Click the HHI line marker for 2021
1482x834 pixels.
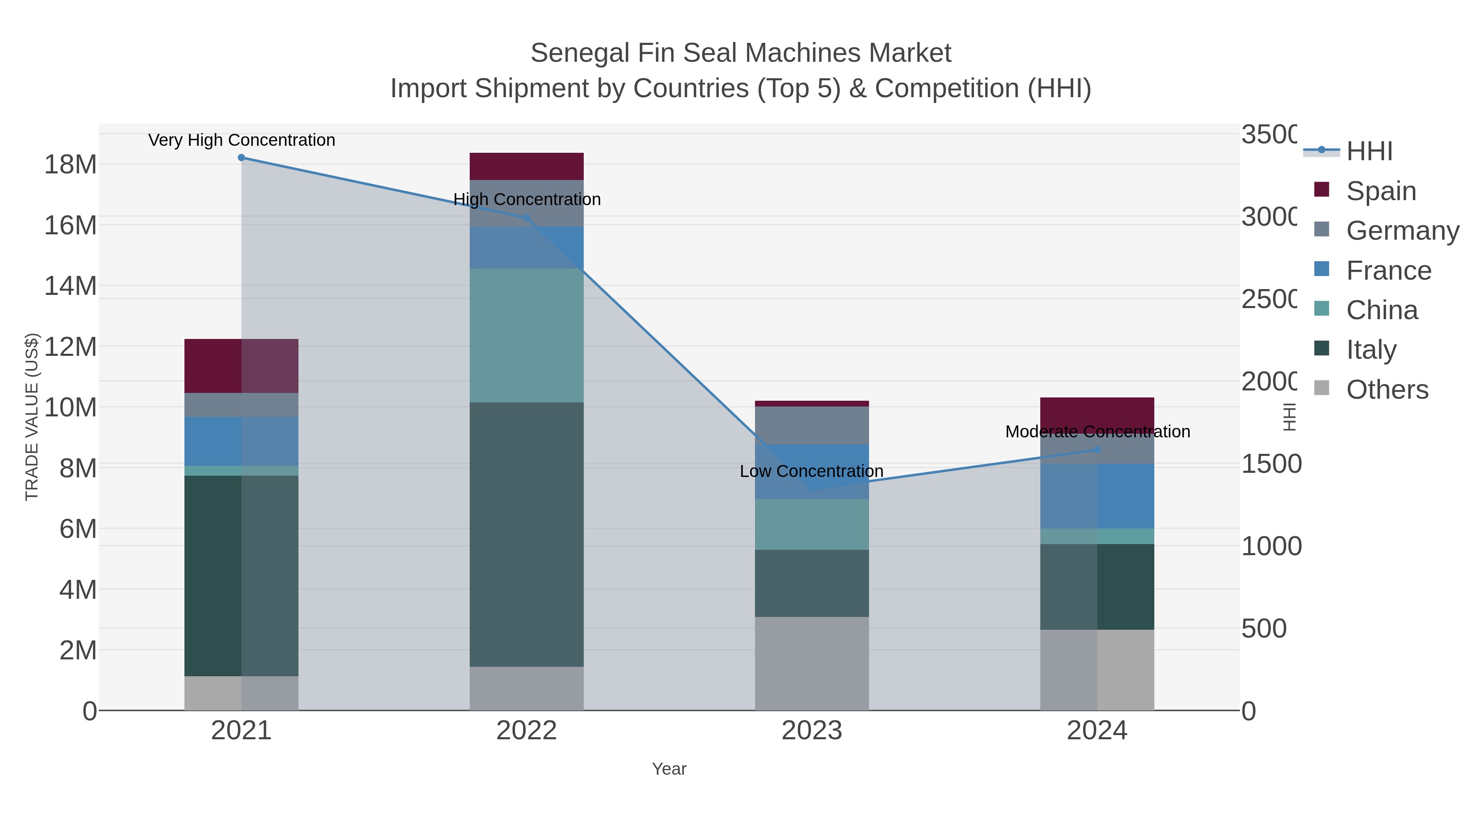[242, 158]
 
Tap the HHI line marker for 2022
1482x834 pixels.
[527, 217]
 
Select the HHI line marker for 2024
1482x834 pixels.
[1097, 449]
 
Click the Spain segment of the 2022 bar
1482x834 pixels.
[527, 166]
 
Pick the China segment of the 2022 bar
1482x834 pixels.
[527, 335]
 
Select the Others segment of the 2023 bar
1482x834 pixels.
[812, 663]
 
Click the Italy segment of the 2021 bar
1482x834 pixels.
[242, 576]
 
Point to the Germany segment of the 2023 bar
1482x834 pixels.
[812, 425]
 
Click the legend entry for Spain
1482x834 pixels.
[1381, 191]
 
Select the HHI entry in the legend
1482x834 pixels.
[1369, 152]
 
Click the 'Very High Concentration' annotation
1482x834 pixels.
[242, 140]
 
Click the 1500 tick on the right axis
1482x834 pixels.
[1271, 464]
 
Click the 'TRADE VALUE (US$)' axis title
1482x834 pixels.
[32, 417]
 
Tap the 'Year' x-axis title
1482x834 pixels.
[669, 769]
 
